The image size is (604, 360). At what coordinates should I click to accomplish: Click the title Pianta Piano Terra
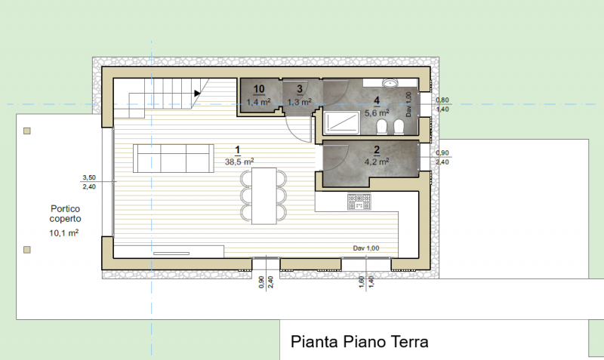[x=359, y=342]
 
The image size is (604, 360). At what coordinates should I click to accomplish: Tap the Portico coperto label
[x=65, y=214]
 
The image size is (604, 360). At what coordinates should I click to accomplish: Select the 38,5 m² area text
[x=239, y=162]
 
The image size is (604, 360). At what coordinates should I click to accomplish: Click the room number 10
[x=259, y=89]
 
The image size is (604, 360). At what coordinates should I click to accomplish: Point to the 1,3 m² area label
[x=299, y=102]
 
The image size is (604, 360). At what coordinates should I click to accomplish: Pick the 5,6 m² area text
[x=377, y=112]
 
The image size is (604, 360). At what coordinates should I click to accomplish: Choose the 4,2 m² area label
[x=377, y=162]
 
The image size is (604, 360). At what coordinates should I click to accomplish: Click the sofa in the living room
[x=174, y=158]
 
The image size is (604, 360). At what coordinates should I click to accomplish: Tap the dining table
[x=263, y=195]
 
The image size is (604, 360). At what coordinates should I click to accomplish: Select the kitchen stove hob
[x=359, y=202]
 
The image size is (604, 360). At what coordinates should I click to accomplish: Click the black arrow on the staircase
[x=197, y=93]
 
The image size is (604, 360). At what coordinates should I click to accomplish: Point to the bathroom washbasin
[x=391, y=82]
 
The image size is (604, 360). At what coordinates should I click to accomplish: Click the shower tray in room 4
[x=342, y=123]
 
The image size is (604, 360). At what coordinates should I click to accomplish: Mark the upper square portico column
[x=27, y=131]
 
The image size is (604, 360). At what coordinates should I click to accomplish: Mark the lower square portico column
[x=27, y=250]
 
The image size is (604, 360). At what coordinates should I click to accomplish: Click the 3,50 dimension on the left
[x=89, y=177]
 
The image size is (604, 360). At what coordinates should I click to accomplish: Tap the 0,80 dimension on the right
[x=442, y=100]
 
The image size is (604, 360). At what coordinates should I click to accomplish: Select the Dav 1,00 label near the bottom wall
[x=366, y=248]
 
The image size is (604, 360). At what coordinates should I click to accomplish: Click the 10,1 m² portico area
[x=64, y=233]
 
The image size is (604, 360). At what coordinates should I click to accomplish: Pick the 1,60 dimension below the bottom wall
[x=362, y=282]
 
